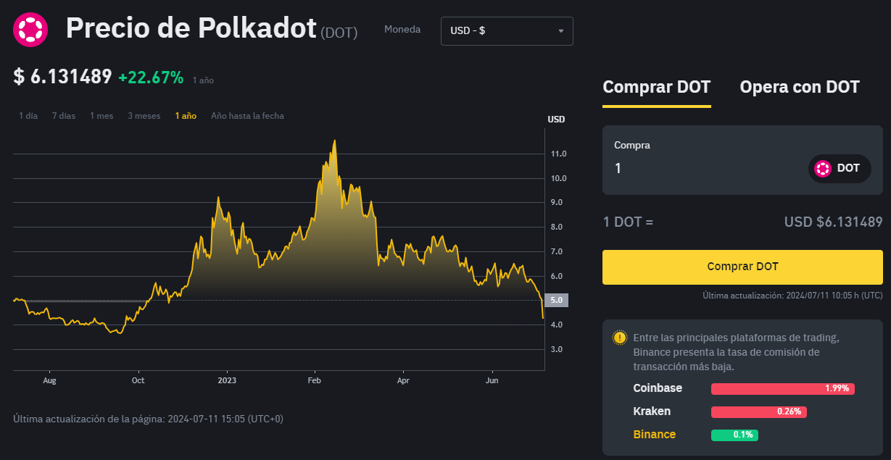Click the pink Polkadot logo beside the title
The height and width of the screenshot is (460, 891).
[x=30, y=30]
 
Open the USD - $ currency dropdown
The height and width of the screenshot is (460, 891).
[x=507, y=31]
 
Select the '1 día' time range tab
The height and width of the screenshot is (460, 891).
[x=28, y=116]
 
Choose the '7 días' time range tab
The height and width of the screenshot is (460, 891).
[x=64, y=116]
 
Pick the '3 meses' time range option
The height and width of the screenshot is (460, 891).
[x=144, y=116]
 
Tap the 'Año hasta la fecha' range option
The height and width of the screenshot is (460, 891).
[x=247, y=116]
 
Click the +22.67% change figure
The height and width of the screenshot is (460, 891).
[x=151, y=78]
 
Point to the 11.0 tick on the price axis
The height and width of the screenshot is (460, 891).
[x=559, y=154]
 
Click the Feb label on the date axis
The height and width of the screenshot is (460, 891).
[x=315, y=380]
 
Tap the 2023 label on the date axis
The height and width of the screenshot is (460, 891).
[x=227, y=380]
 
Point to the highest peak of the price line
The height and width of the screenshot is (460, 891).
[x=334, y=141]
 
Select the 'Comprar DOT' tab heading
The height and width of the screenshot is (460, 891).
[x=656, y=88]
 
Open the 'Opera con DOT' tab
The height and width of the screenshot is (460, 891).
[x=799, y=88]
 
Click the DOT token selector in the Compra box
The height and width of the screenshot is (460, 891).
[x=839, y=169]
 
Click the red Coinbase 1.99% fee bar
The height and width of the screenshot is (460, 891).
[x=782, y=389]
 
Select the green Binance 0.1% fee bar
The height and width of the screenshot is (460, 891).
[x=734, y=435]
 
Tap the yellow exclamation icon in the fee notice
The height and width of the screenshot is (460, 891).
[x=619, y=338]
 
